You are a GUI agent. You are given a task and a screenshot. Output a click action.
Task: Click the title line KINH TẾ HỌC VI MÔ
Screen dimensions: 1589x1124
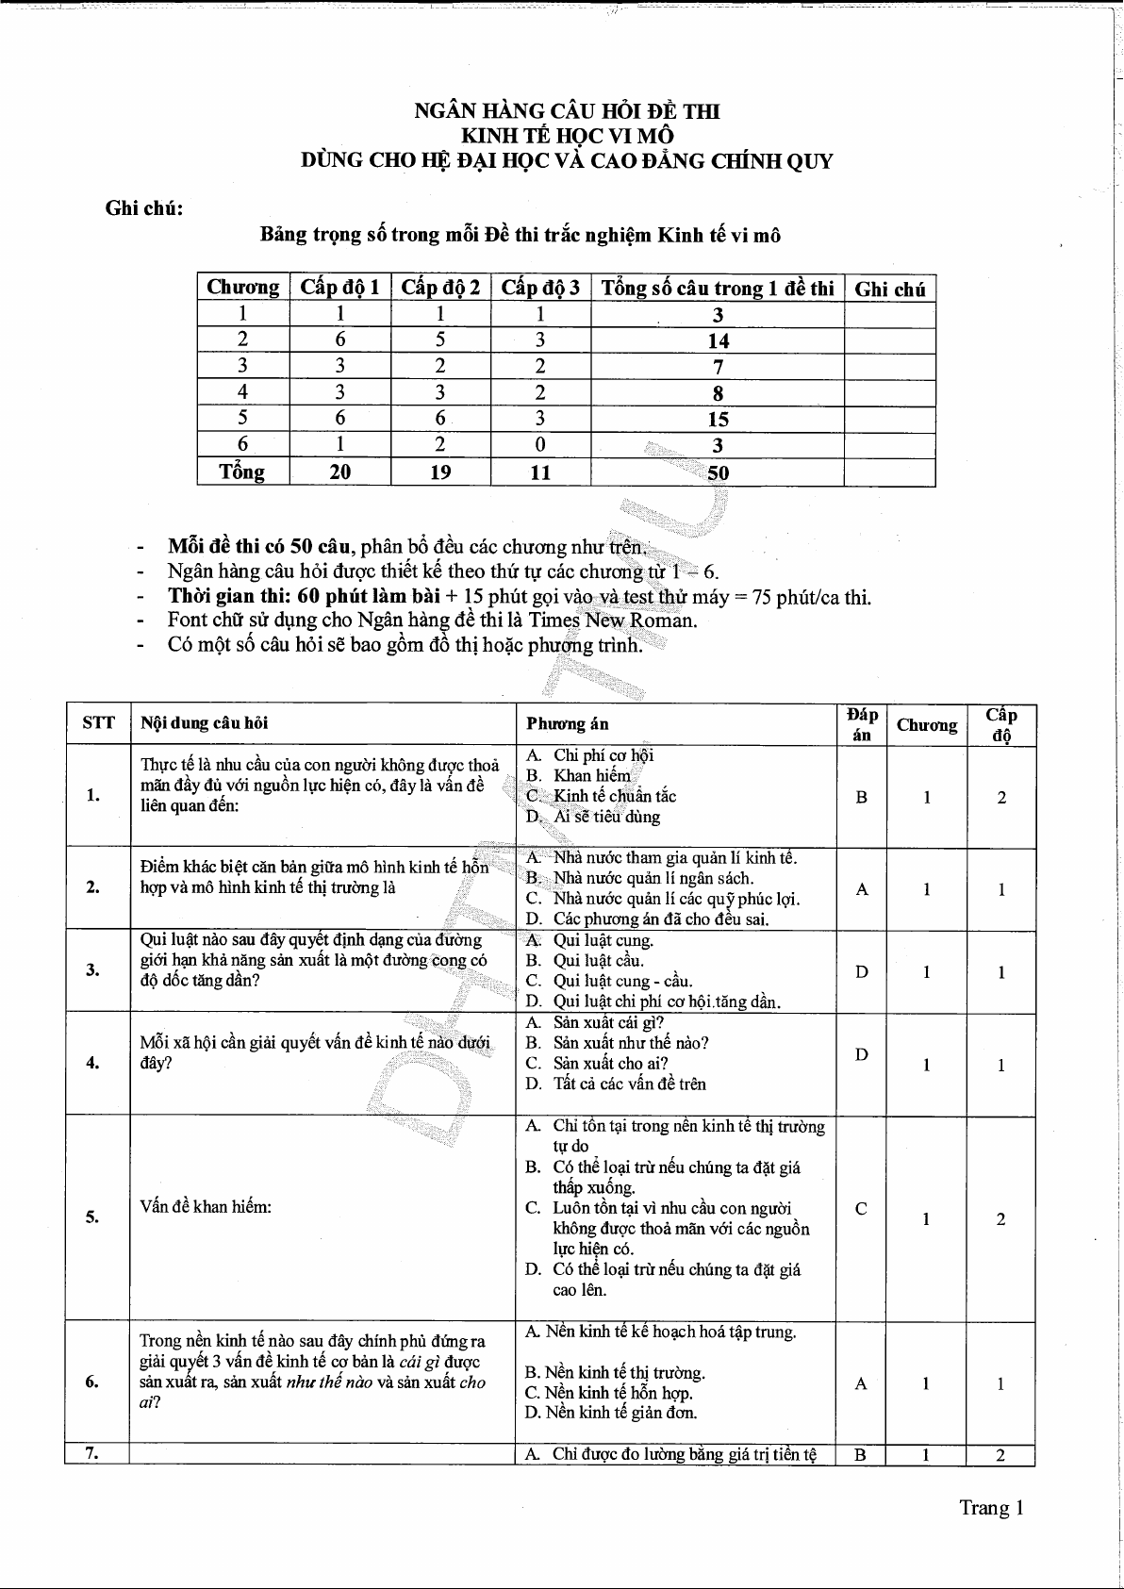(x=567, y=136)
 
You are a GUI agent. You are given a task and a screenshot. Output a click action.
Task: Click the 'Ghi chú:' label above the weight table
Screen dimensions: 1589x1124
(x=143, y=208)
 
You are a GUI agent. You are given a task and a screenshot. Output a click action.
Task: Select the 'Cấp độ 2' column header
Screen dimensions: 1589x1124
(x=440, y=288)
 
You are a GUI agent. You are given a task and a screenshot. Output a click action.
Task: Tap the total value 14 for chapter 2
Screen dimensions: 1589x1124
(x=719, y=341)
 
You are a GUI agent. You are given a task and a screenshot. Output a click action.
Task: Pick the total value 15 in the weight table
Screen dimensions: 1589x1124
(x=719, y=420)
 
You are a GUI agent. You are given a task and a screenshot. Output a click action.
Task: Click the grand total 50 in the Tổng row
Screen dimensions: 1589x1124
(x=719, y=473)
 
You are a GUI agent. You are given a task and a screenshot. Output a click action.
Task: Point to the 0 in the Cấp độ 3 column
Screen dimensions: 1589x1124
(x=540, y=445)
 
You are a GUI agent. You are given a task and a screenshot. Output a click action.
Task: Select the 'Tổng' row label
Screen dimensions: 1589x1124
(x=242, y=472)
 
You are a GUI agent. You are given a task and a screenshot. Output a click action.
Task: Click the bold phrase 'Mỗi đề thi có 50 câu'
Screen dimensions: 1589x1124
(x=259, y=547)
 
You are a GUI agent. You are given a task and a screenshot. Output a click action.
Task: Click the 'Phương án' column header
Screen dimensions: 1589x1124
(x=568, y=724)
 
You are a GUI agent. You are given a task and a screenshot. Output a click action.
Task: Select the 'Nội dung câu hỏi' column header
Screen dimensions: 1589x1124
(x=205, y=723)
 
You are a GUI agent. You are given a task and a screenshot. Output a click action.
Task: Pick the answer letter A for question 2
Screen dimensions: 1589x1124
(x=862, y=888)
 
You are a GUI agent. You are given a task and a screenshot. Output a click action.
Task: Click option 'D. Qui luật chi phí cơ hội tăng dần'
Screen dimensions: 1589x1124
(x=666, y=1001)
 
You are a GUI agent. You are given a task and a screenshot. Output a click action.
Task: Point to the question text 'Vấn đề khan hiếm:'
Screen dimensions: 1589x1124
(x=206, y=1207)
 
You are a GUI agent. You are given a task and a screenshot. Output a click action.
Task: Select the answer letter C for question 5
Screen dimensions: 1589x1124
(x=861, y=1208)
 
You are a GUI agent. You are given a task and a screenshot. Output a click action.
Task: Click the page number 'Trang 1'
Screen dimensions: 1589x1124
(x=991, y=1508)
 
